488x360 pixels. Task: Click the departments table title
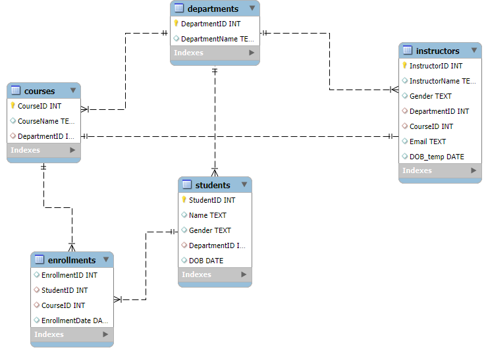click(x=213, y=9)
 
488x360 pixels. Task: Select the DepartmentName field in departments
click(x=217, y=39)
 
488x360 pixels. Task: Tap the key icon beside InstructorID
click(x=404, y=66)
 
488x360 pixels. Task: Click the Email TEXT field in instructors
click(x=427, y=141)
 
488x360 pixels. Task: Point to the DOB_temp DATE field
click(x=437, y=157)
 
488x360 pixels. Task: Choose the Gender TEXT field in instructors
click(x=430, y=96)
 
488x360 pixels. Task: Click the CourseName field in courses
click(x=46, y=121)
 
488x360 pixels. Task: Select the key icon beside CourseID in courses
click(x=13, y=105)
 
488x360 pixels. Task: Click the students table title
click(x=213, y=185)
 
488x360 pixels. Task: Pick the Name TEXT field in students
click(x=207, y=215)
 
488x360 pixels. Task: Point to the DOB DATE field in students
click(x=205, y=261)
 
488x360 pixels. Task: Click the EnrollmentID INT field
click(x=69, y=275)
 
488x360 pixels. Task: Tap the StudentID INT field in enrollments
click(x=65, y=290)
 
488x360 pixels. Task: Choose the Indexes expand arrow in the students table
click(x=244, y=274)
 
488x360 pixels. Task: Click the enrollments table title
click(x=72, y=260)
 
